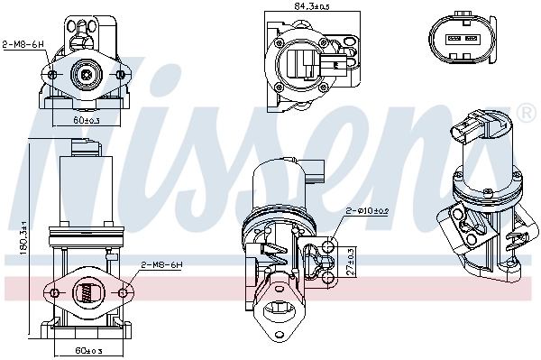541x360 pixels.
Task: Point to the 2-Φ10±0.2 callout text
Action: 367,210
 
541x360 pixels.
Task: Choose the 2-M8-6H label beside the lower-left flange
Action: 161,265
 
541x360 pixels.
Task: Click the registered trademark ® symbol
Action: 527,113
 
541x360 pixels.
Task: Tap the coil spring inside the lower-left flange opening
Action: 87,292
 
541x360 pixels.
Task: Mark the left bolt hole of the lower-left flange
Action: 54,292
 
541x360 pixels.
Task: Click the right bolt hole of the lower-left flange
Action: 122,292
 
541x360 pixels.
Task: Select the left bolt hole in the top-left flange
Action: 52,75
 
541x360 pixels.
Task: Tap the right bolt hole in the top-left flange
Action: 122,75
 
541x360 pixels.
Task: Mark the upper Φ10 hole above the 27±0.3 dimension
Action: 329,244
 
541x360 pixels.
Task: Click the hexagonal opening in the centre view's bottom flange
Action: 279,311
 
